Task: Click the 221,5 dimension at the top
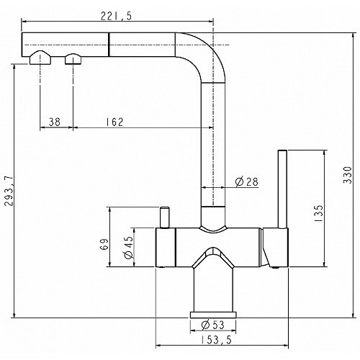(116, 16)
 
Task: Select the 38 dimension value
(55, 122)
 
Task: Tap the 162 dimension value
(114, 122)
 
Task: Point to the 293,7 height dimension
(9, 191)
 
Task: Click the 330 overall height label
(347, 175)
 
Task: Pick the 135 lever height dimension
(318, 213)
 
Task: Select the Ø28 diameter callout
(246, 182)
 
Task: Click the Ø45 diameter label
(129, 248)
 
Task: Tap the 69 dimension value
(104, 245)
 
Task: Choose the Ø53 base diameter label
(212, 325)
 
